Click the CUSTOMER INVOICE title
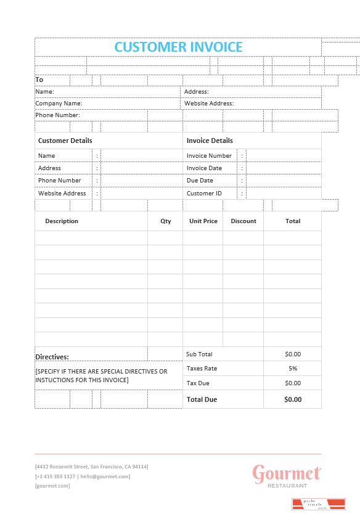pyautogui.click(x=178, y=47)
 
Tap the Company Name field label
pyautogui.click(x=59, y=104)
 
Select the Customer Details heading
pyautogui.click(x=65, y=141)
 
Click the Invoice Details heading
pyautogui.click(x=210, y=141)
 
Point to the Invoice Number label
pyautogui.click(x=209, y=156)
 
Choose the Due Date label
pyautogui.click(x=200, y=181)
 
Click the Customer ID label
pyautogui.click(x=204, y=194)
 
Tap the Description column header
pyautogui.click(x=62, y=221)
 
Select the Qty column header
pyautogui.click(x=166, y=221)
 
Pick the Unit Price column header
pyautogui.click(x=203, y=221)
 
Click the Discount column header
pyautogui.click(x=243, y=221)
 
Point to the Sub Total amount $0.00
pyautogui.click(x=293, y=354)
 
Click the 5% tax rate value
pyautogui.click(x=293, y=369)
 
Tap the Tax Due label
pyautogui.click(x=198, y=383)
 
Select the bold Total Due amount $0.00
pyautogui.click(x=293, y=399)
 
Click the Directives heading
pyautogui.click(x=52, y=357)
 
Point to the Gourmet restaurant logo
pyautogui.click(x=287, y=475)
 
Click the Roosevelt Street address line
pyautogui.click(x=91, y=467)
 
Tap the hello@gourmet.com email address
pyautogui.click(x=105, y=476)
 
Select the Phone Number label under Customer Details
pyautogui.click(x=59, y=181)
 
